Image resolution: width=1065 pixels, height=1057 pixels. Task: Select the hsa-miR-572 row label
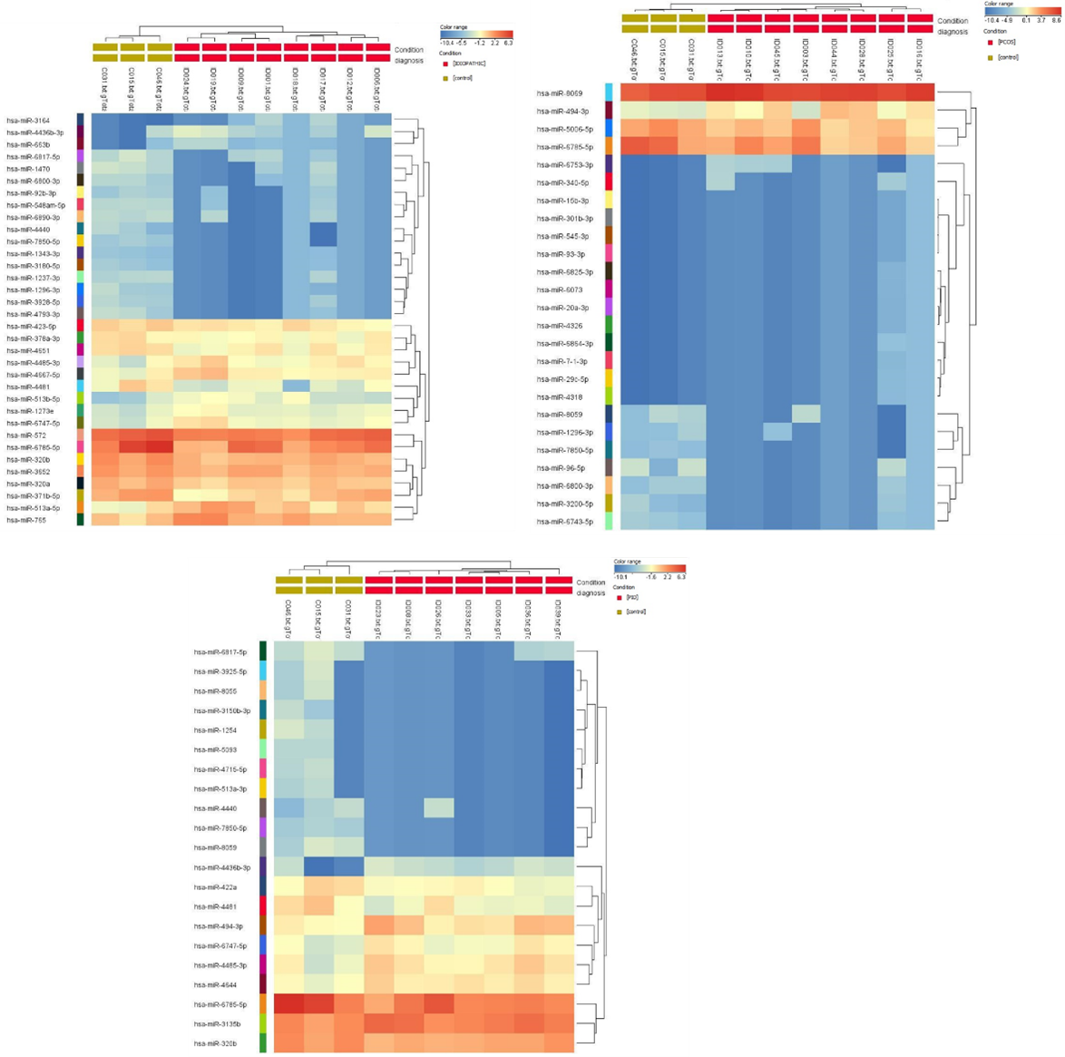(26, 436)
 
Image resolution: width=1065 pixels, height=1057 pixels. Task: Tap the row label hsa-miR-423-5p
(31, 327)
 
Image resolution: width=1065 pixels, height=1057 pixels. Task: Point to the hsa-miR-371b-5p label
(33, 496)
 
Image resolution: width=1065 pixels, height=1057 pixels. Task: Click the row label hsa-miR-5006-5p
(564, 129)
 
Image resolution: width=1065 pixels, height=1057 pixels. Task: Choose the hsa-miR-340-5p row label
(562, 182)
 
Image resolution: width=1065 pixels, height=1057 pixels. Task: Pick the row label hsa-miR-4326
(560, 326)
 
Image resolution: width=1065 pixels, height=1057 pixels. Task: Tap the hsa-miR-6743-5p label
(564, 522)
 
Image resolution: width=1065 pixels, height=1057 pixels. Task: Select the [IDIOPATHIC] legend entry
(469, 63)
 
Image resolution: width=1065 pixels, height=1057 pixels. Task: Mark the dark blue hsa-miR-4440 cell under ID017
(324, 233)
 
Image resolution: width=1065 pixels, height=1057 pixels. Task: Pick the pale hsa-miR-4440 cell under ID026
(439, 808)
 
